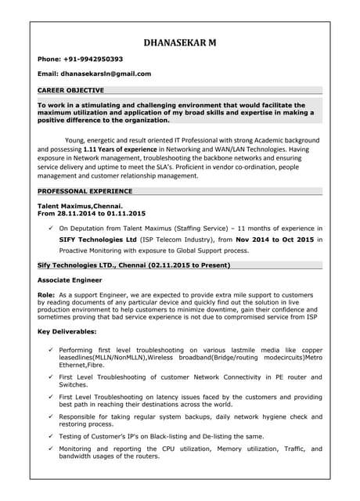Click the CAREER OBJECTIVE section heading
[71, 90]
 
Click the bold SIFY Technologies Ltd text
[99, 239]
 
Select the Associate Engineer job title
[70, 279]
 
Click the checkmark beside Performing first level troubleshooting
[50, 349]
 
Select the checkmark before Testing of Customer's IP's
[50, 436]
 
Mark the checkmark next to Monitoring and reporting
[50, 449]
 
